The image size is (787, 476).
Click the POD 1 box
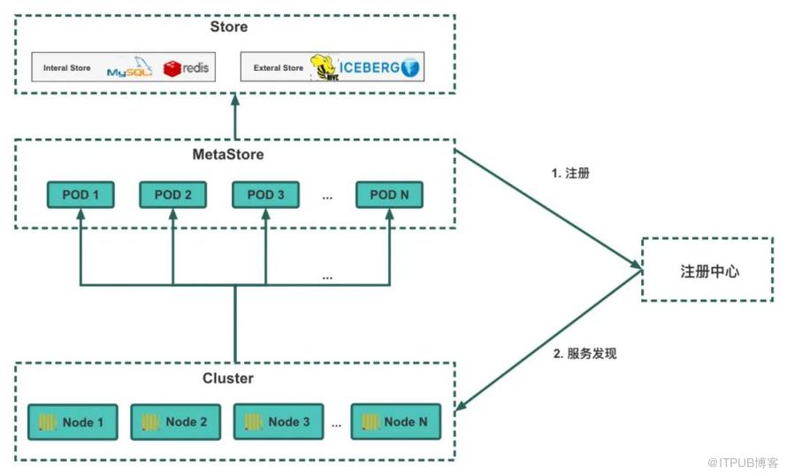click(80, 195)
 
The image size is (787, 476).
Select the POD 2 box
click(172, 195)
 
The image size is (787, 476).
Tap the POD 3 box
click(265, 195)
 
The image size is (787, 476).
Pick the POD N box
click(389, 195)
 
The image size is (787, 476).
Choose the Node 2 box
click(175, 422)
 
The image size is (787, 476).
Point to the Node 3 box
click(278, 422)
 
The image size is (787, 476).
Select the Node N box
click(394, 422)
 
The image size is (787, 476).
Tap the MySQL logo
click(129, 68)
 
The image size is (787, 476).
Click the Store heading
click(229, 27)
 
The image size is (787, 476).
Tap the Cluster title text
click(228, 379)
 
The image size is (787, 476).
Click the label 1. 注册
click(571, 173)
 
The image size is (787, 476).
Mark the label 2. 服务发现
click(585, 354)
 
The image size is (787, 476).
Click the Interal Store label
click(67, 68)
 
